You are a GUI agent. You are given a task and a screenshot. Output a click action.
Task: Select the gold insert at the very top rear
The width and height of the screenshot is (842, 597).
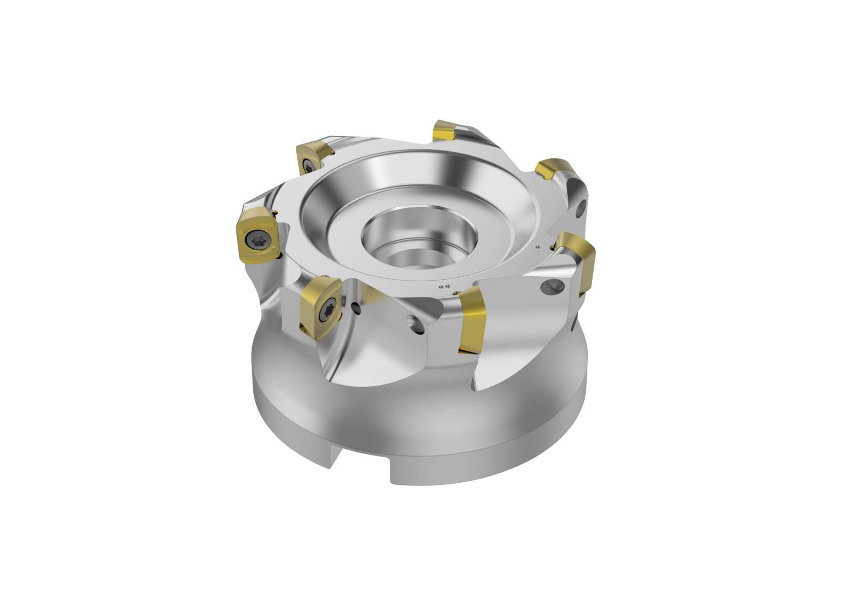pyautogui.click(x=445, y=130)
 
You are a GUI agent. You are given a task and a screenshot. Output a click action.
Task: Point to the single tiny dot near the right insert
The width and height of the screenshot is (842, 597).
pyautogui.click(x=538, y=247)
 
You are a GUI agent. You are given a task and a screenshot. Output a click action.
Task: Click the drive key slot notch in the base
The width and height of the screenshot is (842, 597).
pyautogui.click(x=363, y=466)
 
